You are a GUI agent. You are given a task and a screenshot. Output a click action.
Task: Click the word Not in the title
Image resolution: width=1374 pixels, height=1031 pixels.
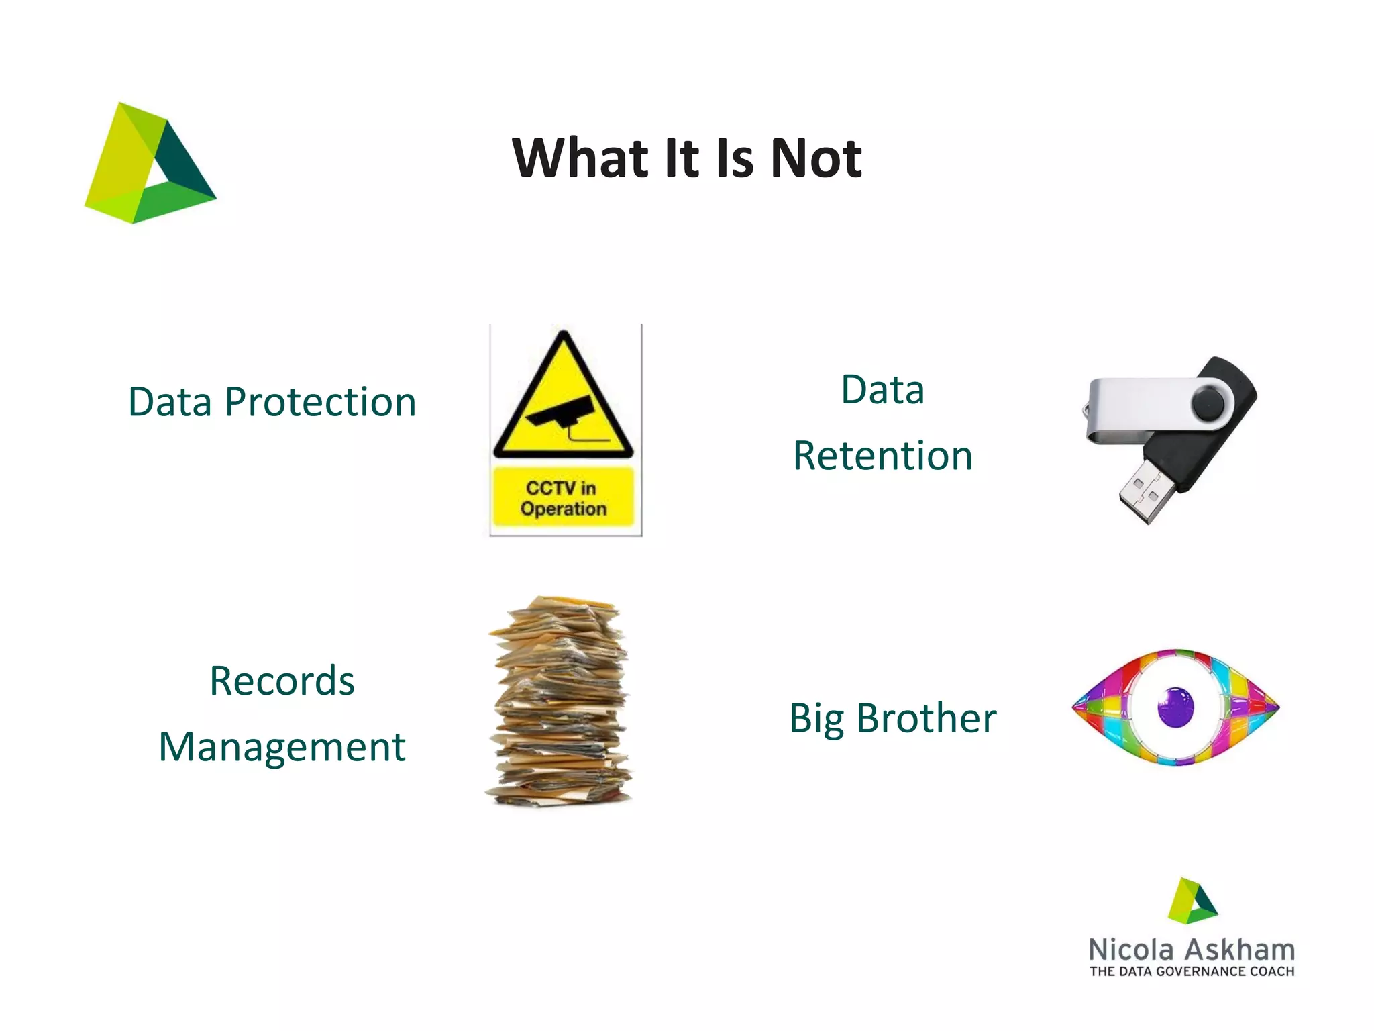click(816, 158)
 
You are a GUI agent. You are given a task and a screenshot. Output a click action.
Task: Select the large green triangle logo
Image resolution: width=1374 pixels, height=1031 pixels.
click(149, 164)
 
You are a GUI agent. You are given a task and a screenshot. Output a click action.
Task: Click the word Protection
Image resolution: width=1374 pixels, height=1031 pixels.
click(320, 402)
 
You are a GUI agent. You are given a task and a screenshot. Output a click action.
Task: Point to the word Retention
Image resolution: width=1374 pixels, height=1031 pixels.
click(882, 456)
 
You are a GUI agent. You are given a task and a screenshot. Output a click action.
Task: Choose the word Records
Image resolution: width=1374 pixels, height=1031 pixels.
click(282, 681)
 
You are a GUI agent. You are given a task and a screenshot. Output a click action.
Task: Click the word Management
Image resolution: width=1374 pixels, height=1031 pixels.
click(282, 747)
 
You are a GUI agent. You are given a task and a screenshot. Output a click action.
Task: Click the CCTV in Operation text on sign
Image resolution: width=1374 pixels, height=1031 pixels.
click(563, 498)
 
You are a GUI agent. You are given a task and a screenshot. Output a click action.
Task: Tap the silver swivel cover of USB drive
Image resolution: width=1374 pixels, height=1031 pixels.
click(1141, 406)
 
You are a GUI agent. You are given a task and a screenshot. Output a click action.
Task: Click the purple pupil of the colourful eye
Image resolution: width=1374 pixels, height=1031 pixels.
click(1175, 707)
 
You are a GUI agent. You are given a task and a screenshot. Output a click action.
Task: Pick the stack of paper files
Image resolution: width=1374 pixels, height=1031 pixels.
click(560, 701)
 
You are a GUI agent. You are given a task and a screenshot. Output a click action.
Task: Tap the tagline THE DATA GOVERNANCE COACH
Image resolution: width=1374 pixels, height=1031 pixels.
click(1192, 971)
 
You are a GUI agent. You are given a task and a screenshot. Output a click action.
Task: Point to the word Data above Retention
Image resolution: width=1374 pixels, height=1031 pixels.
click(882, 390)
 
